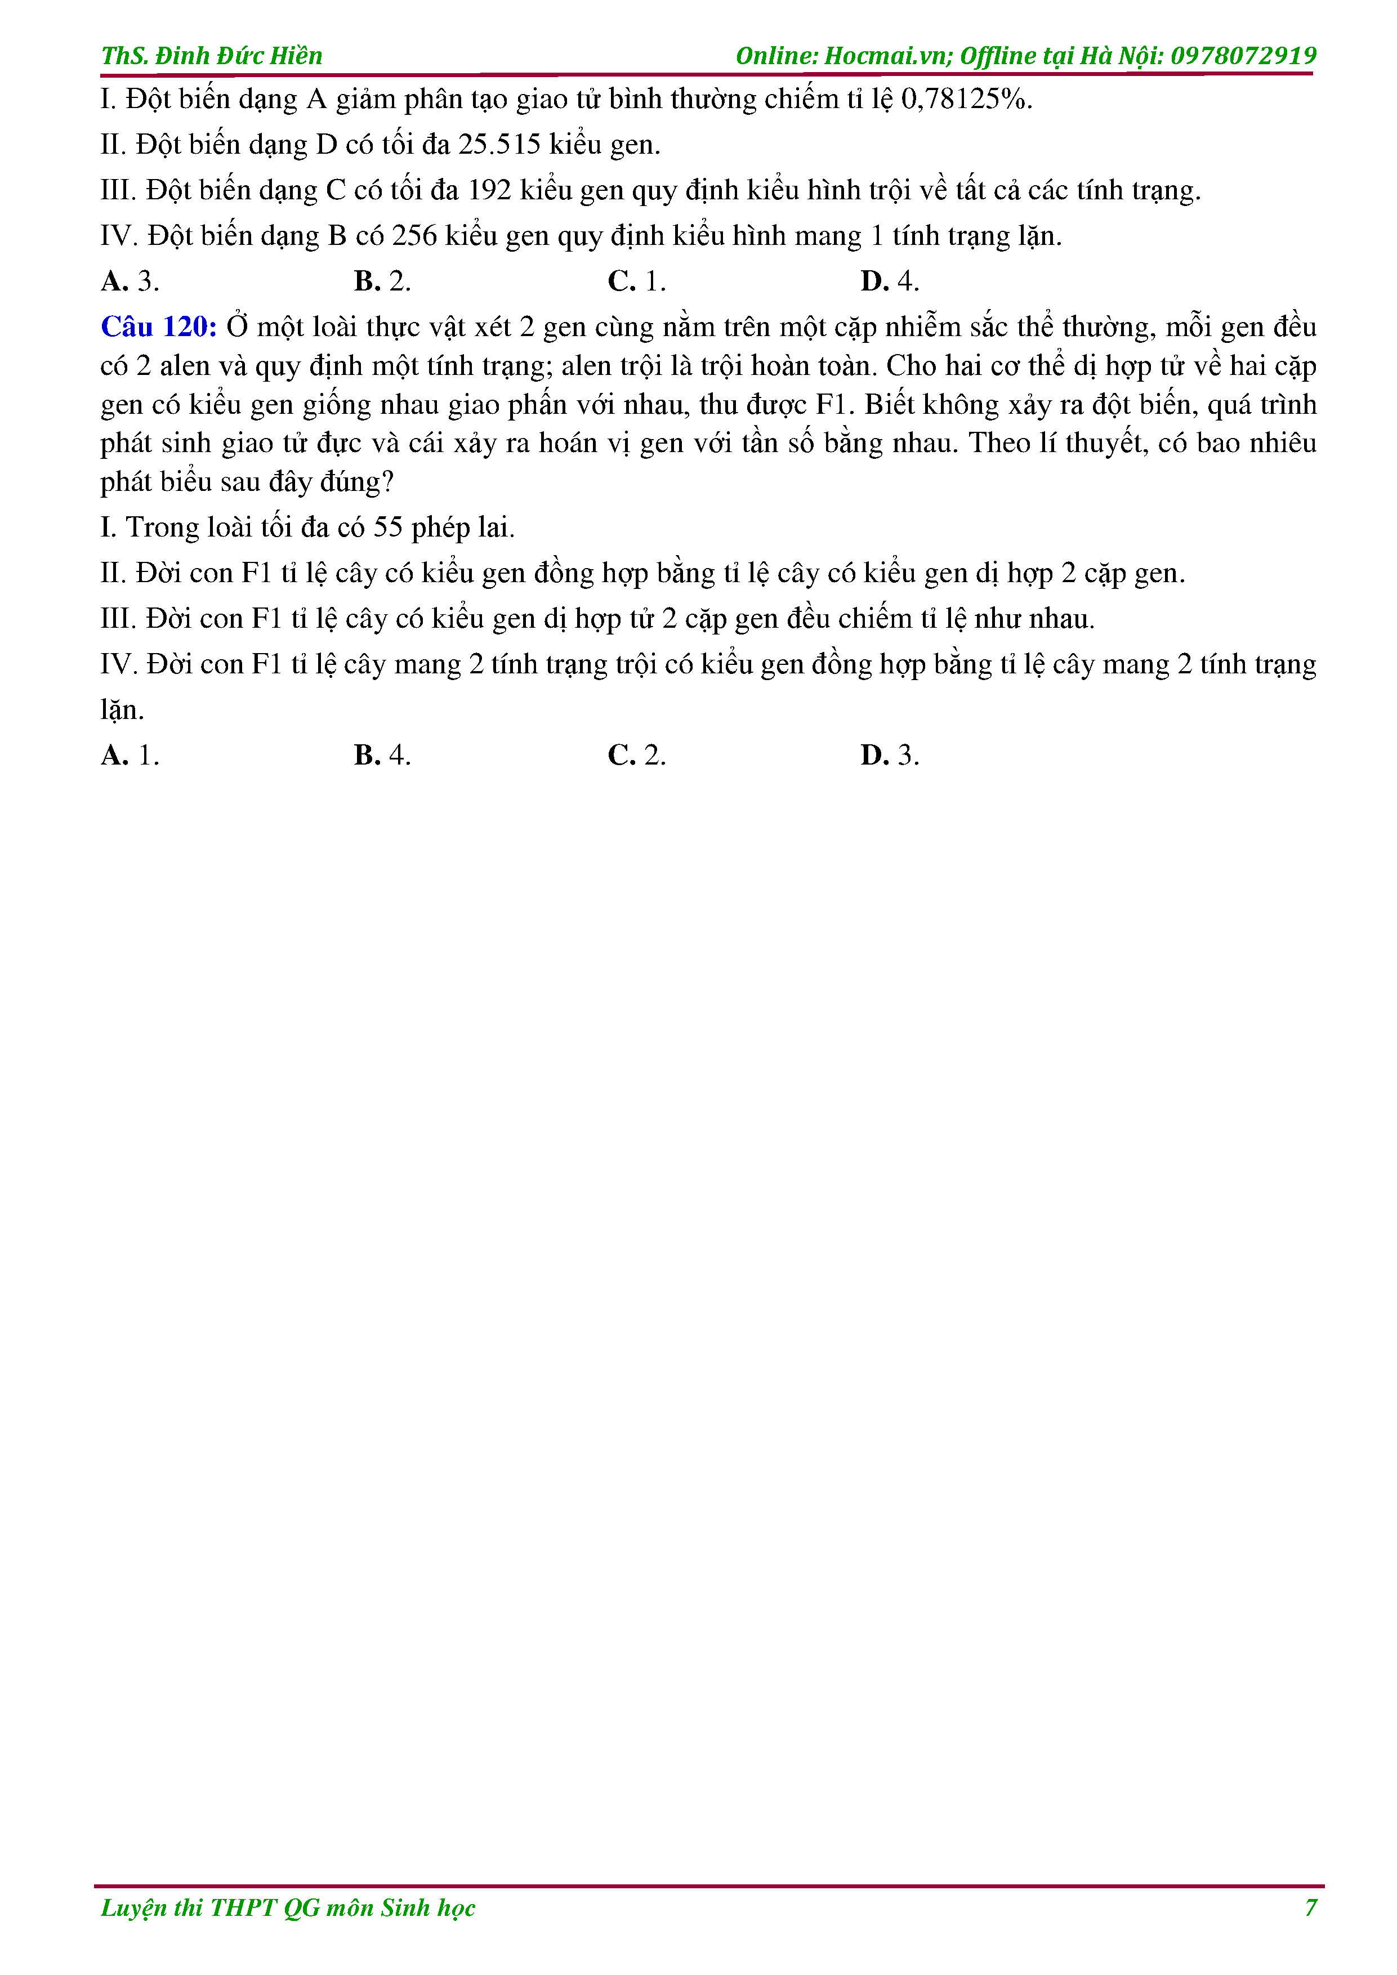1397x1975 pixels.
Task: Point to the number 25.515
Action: (499, 145)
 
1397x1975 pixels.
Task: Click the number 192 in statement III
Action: (489, 190)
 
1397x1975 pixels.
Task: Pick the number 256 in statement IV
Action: (414, 236)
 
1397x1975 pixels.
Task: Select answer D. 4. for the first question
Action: (890, 281)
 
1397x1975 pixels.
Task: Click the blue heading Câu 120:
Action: (158, 327)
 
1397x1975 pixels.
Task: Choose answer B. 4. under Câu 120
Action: (382, 755)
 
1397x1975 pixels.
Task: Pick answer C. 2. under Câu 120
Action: (637, 755)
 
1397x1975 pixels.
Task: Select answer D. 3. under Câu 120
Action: (890, 755)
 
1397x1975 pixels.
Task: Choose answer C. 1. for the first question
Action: (637, 281)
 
